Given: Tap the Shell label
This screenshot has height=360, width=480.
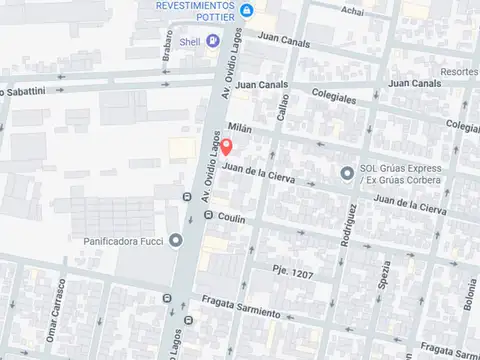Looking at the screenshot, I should pyautogui.click(x=190, y=43).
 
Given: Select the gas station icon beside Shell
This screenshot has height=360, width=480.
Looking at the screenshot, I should pyautogui.click(x=169, y=43).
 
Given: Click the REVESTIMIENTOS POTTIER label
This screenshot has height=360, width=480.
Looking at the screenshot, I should pyautogui.click(x=197, y=10).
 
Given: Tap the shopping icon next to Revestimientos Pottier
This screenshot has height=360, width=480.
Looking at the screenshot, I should pyautogui.click(x=248, y=11).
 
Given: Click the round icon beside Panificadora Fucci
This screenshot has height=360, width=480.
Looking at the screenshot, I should pyautogui.click(x=176, y=240).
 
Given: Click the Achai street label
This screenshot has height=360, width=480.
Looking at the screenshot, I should pyautogui.click(x=352, y=11).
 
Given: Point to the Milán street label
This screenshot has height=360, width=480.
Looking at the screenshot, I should pyautogui.click(x=237, y=129).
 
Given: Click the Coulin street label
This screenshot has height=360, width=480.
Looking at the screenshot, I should pyautogui.click(x=231, y=217).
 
